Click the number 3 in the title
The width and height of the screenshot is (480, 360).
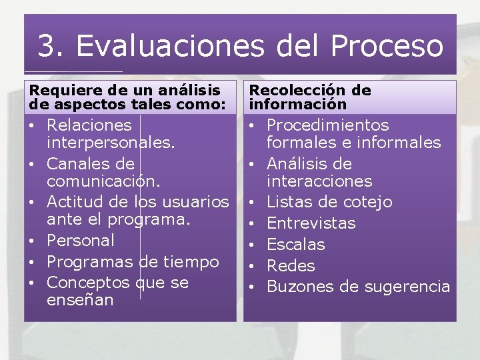point(47,46)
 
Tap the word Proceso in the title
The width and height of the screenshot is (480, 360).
point(387,46)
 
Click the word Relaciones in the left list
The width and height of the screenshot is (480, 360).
point(89,125)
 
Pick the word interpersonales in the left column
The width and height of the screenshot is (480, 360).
point(111,143)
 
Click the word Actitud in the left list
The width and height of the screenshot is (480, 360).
point(75,202)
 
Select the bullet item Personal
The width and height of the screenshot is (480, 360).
point(81,241)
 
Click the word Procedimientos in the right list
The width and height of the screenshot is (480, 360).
point(327,125)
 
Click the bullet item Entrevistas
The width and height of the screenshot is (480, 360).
point(311,223)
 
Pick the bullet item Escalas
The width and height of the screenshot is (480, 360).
point(295,245)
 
